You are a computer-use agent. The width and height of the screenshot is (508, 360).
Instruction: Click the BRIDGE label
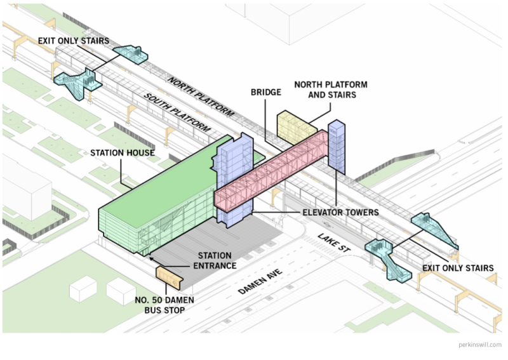(x=265, y=93)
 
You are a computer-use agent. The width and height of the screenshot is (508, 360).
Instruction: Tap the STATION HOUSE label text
(x=122, y=153)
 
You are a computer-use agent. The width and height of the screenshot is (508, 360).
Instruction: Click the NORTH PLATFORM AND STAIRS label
(x=330, y=90)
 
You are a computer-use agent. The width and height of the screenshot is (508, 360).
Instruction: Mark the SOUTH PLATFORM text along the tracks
(x=177, y=114)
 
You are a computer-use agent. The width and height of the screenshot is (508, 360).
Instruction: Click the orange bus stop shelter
(x=169, y=274)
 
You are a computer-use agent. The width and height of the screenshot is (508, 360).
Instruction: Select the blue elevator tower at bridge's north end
(x=337, y=146)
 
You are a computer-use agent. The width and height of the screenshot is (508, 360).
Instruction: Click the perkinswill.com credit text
(x=479, y=345)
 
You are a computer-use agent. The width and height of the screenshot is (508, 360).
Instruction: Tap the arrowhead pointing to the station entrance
(x=150, y=258)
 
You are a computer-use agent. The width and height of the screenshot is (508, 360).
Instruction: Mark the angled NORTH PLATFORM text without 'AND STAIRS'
(x=201, y=96)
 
